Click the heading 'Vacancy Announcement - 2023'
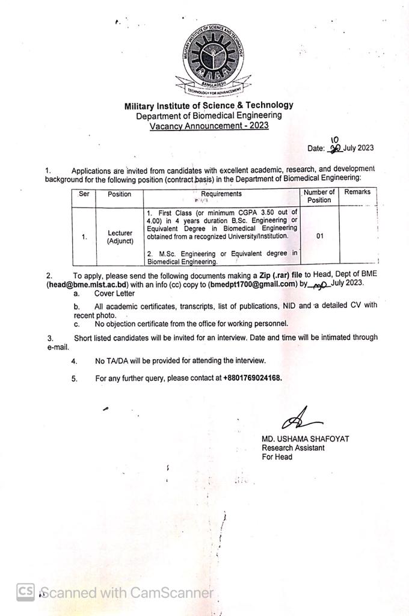tap(209, 126)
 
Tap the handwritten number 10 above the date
tap(335, 140)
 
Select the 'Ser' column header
tap(84, 194)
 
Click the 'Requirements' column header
tap(221, 194)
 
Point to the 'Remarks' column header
tap(357, 192)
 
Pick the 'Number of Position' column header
tap(319, 196)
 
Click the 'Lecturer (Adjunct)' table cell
tap(120, 237)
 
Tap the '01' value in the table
tap(319, 236)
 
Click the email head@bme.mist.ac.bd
tap(88, 285)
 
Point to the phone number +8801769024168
tap(252, 378)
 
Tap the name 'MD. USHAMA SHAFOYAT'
tap(305, 439)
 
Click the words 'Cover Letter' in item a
tap(114, 294)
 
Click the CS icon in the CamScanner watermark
tap(25, 592)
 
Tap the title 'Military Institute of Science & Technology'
tap(209, 106)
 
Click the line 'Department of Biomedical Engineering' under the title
tap(209, 115)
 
